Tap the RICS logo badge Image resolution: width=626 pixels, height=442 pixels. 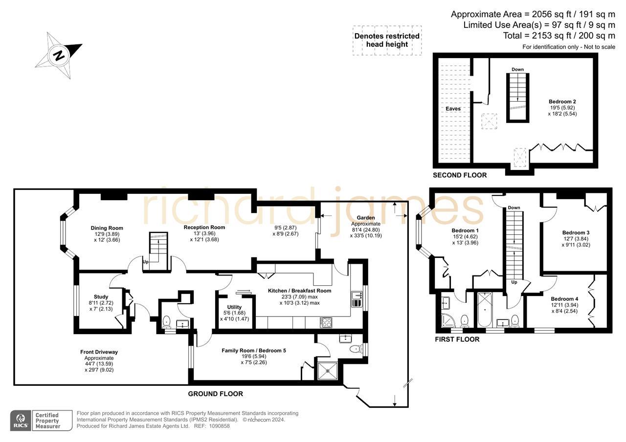click(21, 421)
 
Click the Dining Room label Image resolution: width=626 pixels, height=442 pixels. click(107, 228)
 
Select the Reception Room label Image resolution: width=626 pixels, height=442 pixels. click(204, 228)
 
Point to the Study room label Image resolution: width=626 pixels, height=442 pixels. click(101, 297)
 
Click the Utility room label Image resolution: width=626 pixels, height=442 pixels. click(230, 307)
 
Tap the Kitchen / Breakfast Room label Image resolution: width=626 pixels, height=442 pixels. click(299, 291)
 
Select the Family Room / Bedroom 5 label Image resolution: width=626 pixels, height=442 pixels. click(253, 351)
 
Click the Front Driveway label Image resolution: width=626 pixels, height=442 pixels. click(99, 352)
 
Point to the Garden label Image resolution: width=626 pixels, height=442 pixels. click(365, 218)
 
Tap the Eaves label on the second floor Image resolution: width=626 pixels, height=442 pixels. click(453, 109)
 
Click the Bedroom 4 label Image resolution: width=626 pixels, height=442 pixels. click(564, 299)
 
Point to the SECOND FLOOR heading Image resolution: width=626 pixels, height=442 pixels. click(460, 175)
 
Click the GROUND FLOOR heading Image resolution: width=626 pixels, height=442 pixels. click(215, 394)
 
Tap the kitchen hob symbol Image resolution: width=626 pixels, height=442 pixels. click(326, 322)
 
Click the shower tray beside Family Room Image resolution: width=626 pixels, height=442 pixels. click(327, 370)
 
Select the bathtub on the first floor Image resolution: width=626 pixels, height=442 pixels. click(485, 310)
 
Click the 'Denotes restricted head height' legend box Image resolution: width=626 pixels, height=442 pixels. click(387, 40)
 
